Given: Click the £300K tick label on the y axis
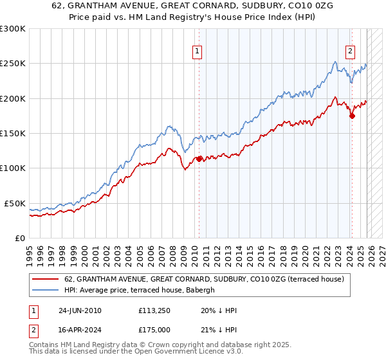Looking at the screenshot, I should click(x=13, y=29).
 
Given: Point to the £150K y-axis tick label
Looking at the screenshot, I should click(x=13, y=134).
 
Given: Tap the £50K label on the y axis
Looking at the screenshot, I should click(x=15, y=203).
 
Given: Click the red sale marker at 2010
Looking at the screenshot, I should click(x=199, y=159).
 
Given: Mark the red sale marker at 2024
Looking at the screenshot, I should click(x=352, y=116).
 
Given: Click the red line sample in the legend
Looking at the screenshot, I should click(x=46, y=279).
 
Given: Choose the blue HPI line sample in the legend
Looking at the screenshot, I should click(x=46, y=289).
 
